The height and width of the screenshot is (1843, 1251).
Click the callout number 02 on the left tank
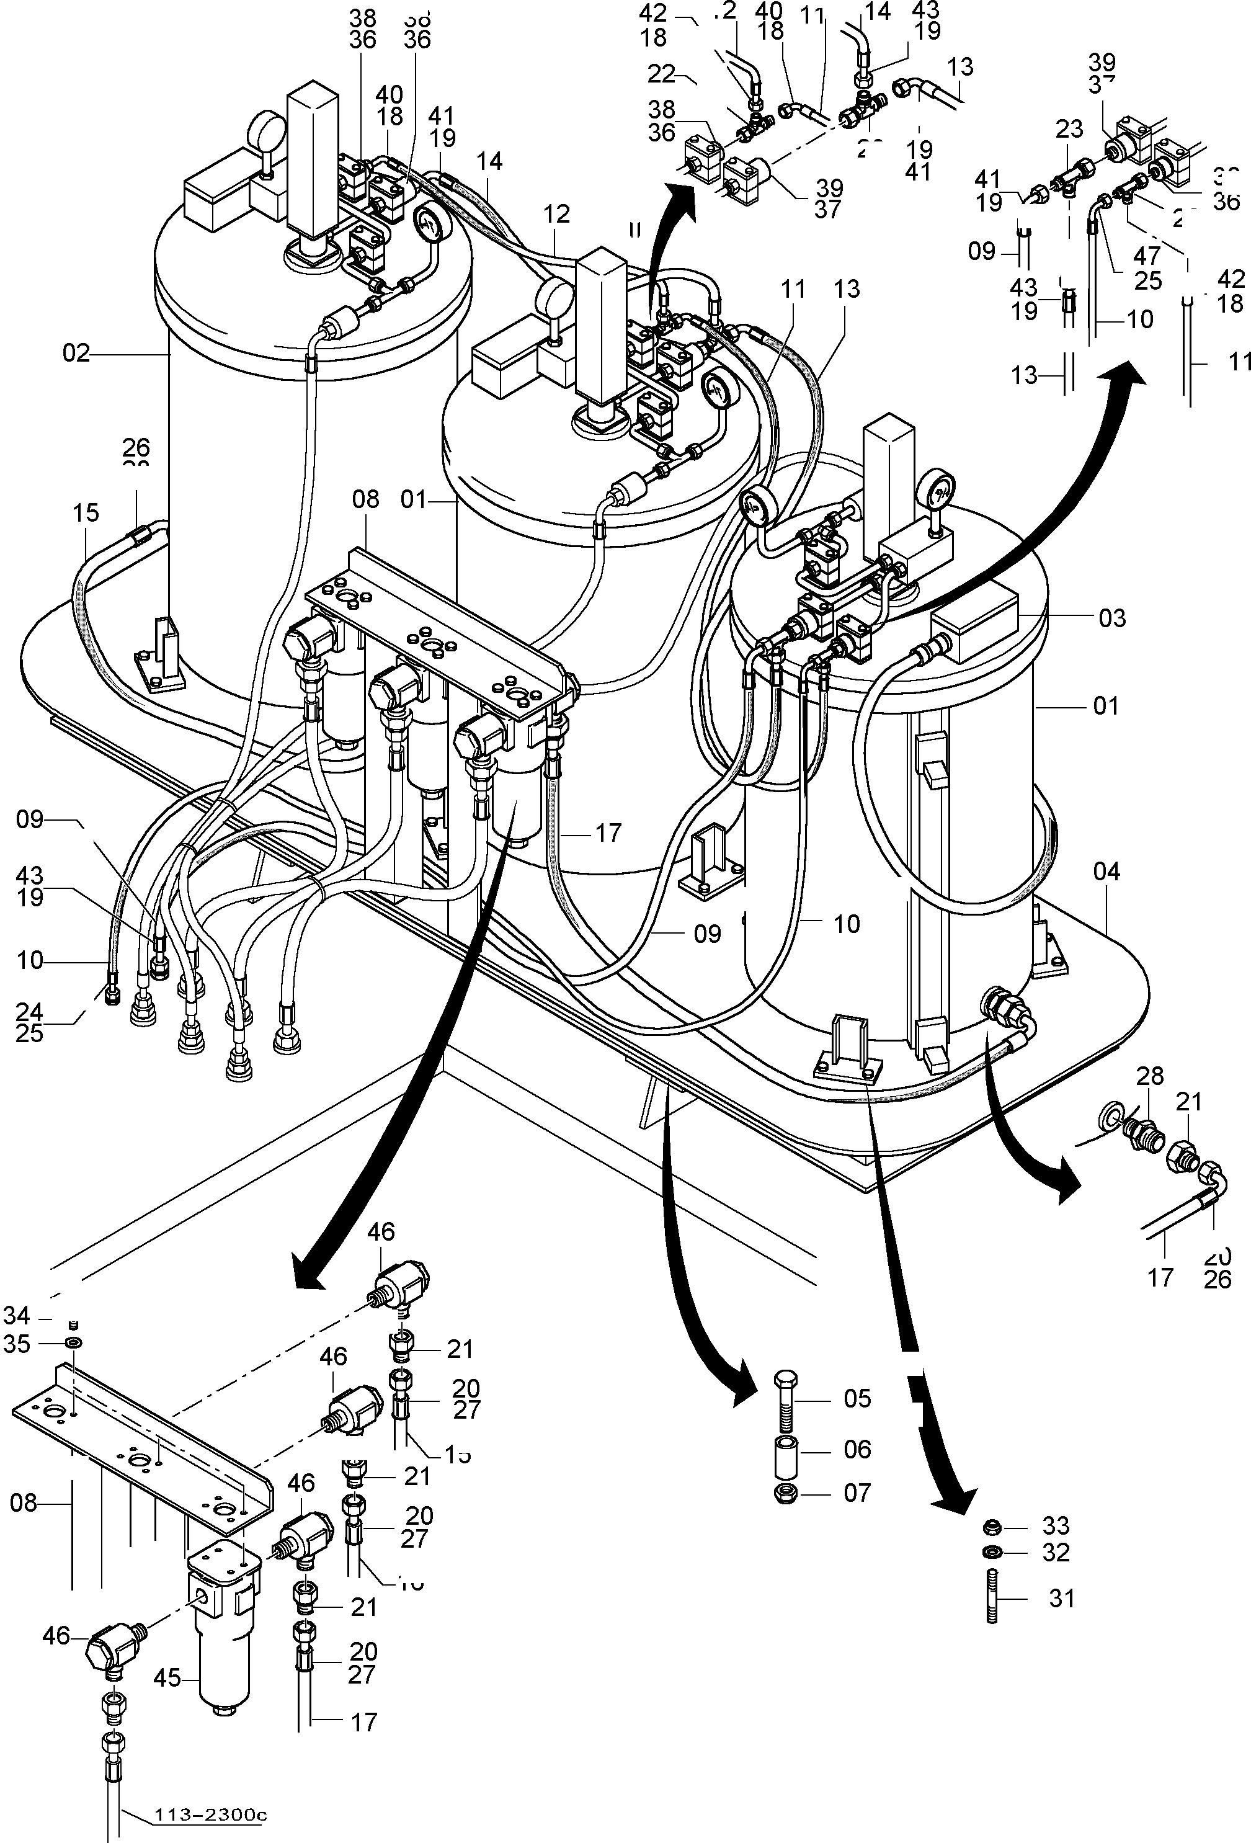click(x=76, y=353)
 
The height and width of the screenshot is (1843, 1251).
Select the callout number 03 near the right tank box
click(x=1111, y=618)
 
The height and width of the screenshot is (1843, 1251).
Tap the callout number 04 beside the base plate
click(x=1106, y=872)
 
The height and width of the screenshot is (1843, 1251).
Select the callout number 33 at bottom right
click(x=1055, y=1526)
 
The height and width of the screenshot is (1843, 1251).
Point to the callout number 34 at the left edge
click(x=17, y=1316)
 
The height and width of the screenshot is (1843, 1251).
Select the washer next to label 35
click(x=74, y=1344)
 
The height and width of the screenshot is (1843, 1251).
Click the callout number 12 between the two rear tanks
click(x=558, y=213)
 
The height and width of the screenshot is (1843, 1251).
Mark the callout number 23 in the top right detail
click(x=1069, y=128)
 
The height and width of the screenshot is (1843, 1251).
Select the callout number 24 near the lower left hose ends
click(x=29, y=1011)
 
